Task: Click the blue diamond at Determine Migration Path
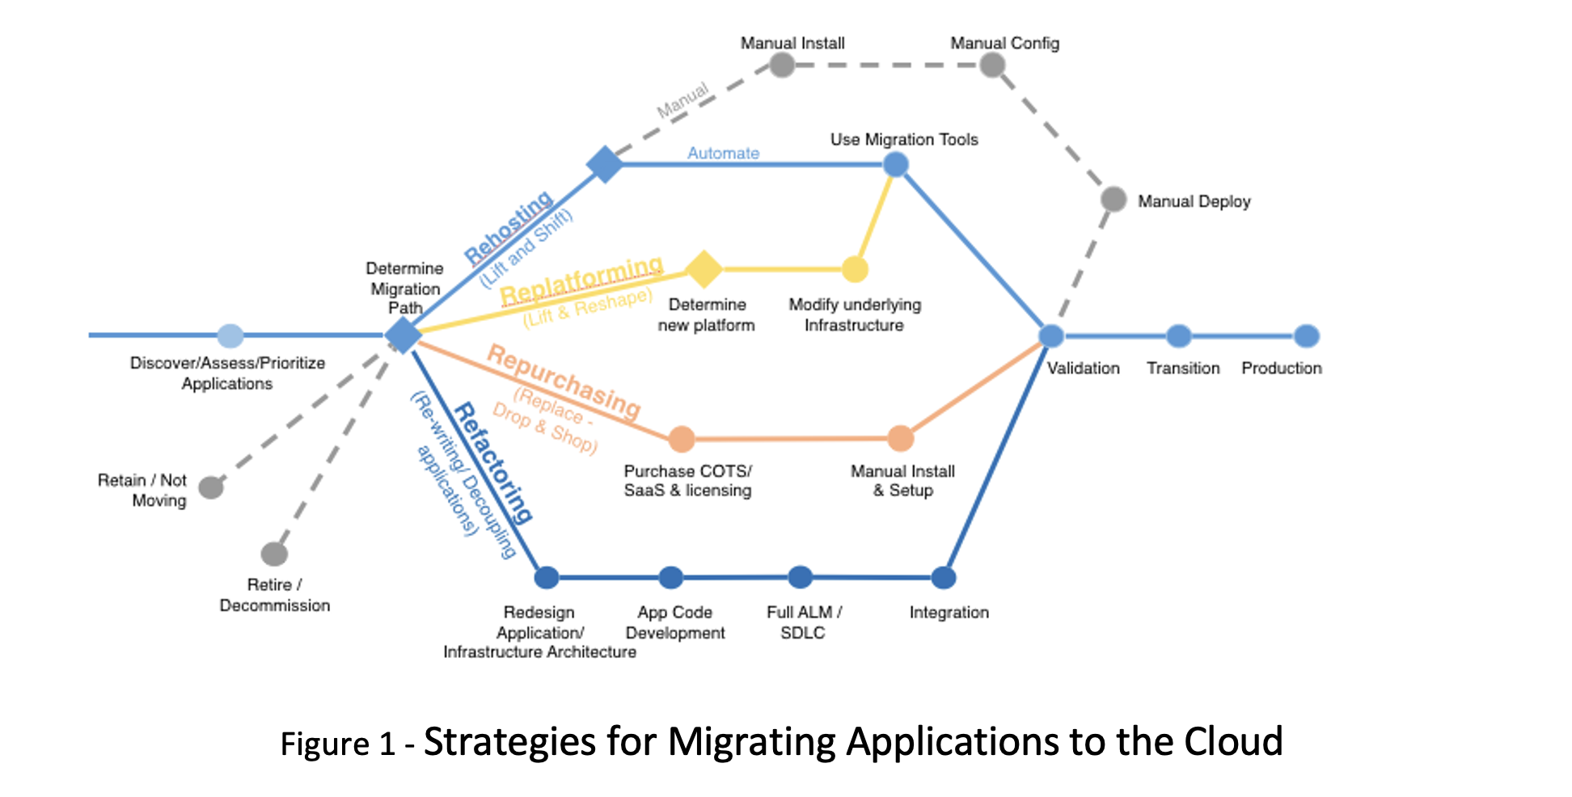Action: pos(402,335)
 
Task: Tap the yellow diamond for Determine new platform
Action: pos(704,269)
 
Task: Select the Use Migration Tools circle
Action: pos(895,165)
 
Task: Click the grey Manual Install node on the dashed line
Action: pos(782,65)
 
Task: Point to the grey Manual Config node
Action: pos(992,65)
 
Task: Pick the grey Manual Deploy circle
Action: pos(1113,199)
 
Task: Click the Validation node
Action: pos(1050,336)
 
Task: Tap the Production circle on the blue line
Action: pos(1307,336)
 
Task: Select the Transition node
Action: pos(1179,336)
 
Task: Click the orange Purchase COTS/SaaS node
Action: pos(682,439)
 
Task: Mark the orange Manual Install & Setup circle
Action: pos(900,439)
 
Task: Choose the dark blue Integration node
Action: pos(944,578)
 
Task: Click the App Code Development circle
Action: pos(670,578)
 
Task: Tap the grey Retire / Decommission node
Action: pos(274,555)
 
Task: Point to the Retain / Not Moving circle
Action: pos(211,487)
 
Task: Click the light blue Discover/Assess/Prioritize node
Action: pos(230,335)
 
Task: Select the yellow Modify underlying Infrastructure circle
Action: pos(855,269)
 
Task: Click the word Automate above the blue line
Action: pos(723,154)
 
